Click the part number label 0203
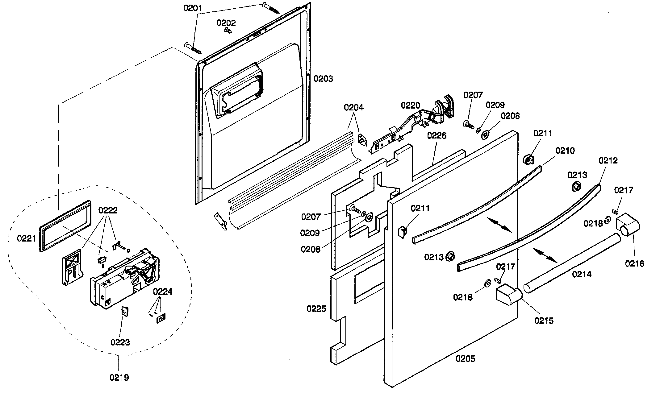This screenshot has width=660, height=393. point(323,79)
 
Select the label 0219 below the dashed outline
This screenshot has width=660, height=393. point(119,377)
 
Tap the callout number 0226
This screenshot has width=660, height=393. point(437,135)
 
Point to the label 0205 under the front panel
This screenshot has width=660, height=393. point(466,359)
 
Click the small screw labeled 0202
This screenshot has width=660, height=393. point(228,30)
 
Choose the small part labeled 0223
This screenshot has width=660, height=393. point(125,312)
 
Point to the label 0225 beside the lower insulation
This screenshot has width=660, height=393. point(316,308)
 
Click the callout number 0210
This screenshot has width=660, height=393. point(565,151)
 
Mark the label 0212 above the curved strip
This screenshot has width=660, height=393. point(608,160)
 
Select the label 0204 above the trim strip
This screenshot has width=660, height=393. point(354,107)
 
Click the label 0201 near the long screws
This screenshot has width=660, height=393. point(193,8)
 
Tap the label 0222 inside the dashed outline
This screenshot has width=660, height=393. point(108,210)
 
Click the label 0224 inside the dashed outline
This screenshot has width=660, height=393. point(163,292)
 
